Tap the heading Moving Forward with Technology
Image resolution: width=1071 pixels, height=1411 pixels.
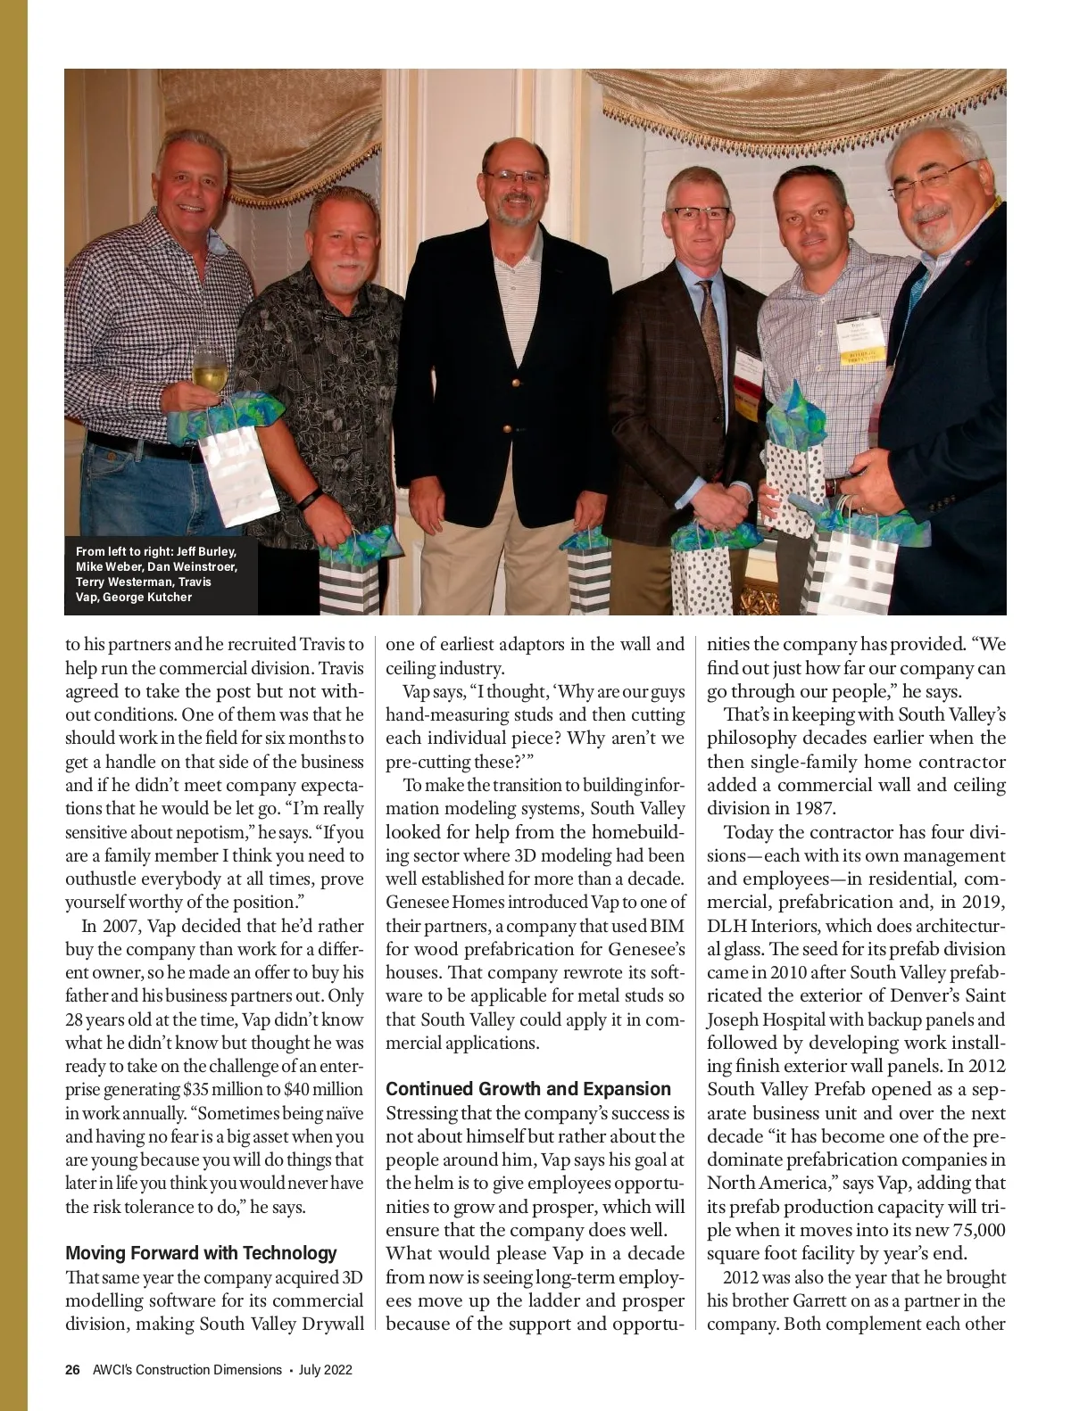coord(202,1253)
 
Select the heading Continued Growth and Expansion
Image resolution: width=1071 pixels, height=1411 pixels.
coord(528,1089)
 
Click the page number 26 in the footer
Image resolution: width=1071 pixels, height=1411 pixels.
coord(73,1370)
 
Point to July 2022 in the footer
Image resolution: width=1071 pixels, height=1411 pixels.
coord(326,1370)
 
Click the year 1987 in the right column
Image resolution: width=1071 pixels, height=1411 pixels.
coord(811,809)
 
